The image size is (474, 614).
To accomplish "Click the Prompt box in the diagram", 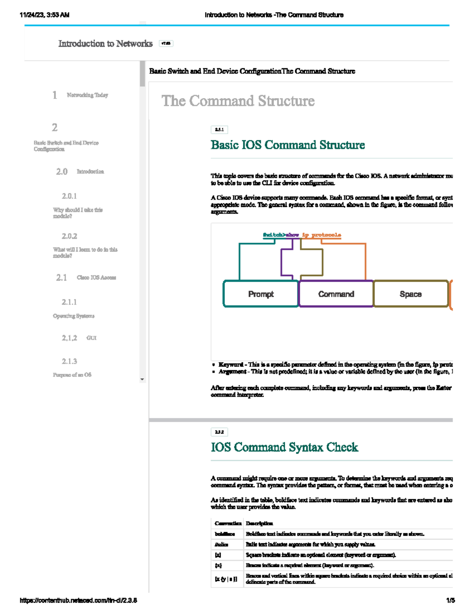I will [x=261, y=294].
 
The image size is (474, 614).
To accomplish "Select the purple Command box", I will [x=336, y=294].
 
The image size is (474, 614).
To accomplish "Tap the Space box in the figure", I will [x=411, y=294].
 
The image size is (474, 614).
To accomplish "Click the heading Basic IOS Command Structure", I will [x=288, y=145].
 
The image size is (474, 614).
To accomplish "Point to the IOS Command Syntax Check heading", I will [x=284, y=447].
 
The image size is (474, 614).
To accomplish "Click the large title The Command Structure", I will [x=238, y=101].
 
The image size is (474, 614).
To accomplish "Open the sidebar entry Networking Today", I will [x=87, y=95].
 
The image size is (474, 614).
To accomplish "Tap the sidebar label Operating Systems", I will [x=74, y=316].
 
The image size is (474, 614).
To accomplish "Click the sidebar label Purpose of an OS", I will [x=72, y=375].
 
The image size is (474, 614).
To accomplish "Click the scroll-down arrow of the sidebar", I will [x=142, y=380].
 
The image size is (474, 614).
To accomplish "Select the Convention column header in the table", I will [x=228, y=523].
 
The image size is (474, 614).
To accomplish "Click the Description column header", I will [x=259, y=523].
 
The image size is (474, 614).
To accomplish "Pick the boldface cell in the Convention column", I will [x=225, y=534].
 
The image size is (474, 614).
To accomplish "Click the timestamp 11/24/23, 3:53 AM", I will [x=44, y=15].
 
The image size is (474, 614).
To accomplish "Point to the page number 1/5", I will [x=450, y=601].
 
